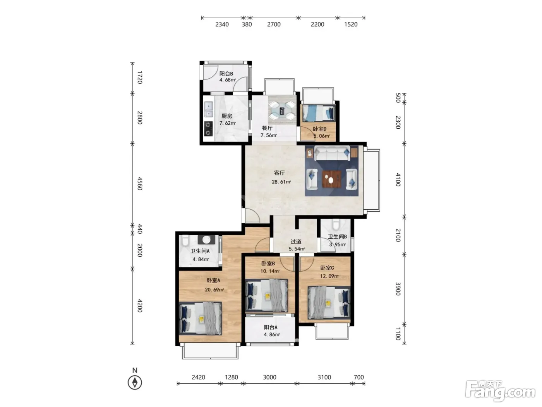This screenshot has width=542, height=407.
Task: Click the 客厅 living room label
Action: click(279, 173)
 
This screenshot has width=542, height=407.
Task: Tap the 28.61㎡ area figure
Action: click(281, 182)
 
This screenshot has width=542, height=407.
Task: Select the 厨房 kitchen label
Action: click(227, 116)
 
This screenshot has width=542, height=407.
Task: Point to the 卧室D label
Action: click(319, 129)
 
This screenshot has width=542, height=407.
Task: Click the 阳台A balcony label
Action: click(271, 328)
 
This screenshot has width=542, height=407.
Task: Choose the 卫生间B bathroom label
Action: click(337, 237)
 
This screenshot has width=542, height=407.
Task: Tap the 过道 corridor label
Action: click(296, 241)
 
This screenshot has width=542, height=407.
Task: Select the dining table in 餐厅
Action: click(282, 110)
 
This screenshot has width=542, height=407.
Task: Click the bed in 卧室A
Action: click(200, 318)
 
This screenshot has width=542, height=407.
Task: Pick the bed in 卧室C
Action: click(329, 303)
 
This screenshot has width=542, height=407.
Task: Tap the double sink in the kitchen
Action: click(209, 109)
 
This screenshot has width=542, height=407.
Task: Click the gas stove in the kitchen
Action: click(209, 129)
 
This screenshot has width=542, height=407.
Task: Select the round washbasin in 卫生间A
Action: click(206, 240)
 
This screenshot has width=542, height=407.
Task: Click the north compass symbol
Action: click(135, 383)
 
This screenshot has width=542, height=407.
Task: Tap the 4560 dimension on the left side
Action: click(140, 183)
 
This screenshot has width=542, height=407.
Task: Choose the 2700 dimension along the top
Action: click(274, 24)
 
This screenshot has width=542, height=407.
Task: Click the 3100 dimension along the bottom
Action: click(324, 377)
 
